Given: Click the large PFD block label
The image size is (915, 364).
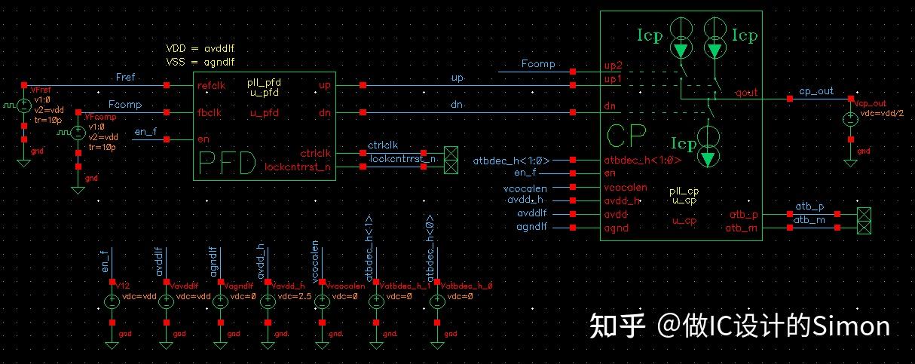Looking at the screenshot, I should pos(226,164).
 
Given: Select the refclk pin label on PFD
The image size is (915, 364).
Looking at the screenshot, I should pos(211,85).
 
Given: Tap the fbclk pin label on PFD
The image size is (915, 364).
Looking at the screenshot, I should pos(209,113).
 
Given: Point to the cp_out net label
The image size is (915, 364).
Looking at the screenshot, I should pos(816,91).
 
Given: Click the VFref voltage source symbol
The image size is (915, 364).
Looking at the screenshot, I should pos(24,107).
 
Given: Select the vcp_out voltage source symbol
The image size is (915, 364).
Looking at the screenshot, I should pos(850,119).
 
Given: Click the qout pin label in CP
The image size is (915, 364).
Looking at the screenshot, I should pos(746,93).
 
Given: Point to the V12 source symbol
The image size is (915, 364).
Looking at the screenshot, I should pos(112,301).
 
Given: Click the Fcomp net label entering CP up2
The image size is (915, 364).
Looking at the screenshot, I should pos(537,65).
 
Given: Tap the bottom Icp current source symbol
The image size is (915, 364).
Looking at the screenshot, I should pos(708,148).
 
